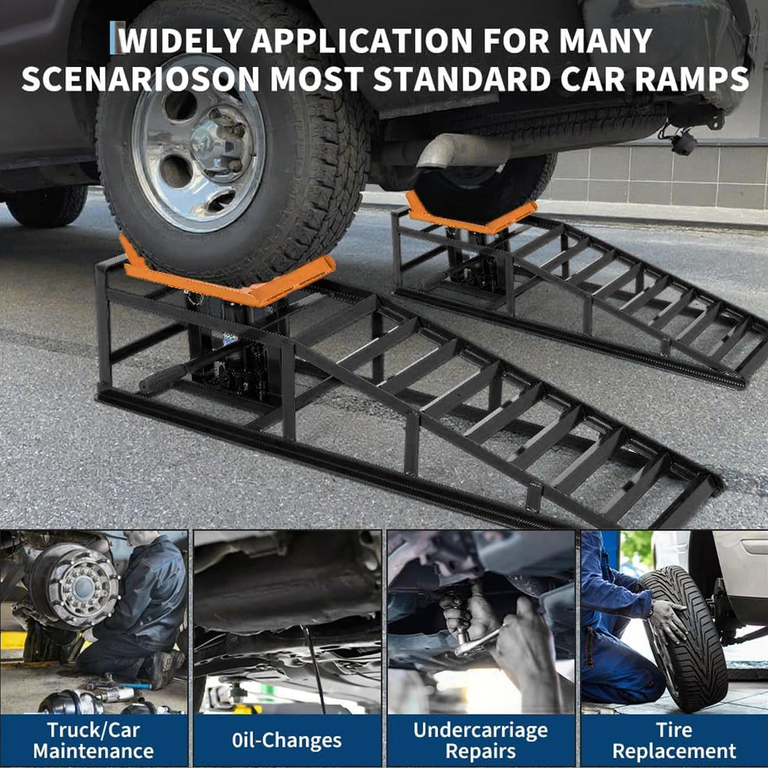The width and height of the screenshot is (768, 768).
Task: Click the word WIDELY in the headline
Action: click(182, 40)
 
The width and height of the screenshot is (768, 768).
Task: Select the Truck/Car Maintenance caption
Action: click(94, 741)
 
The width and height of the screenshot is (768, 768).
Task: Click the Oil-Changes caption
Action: click(286, 741)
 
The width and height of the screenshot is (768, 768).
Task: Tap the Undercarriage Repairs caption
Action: click(480, 741)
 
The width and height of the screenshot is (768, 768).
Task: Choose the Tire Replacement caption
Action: click(674, 741)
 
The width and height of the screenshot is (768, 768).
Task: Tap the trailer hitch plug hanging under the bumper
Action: click(683, 143)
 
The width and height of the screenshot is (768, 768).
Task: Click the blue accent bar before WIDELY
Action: click(113, 38)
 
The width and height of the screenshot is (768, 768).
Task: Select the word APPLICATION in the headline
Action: click(362, 40)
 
